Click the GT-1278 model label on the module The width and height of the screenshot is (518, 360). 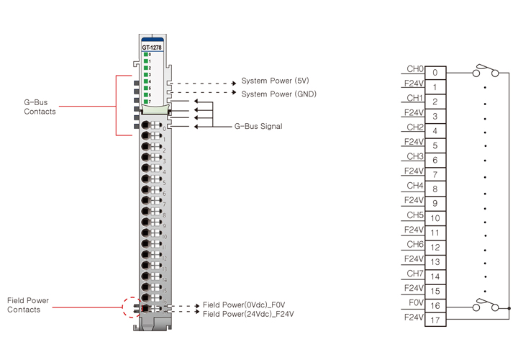pyautogui.click(x=152, y=48)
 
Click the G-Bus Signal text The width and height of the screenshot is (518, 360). pyautogui.click(x=258, y=126)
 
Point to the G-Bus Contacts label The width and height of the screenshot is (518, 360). pyautogui.click(x=40, y=107)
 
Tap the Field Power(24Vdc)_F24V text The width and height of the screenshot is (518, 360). pyautogui.click(x=248, y=314)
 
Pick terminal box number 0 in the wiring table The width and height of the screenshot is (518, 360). pyautogui.click(x=435, y=73)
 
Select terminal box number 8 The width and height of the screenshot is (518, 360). pyautogui.click(x=435, y=189)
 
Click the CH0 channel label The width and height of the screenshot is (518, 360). pyautogui.click(x=415, y=69)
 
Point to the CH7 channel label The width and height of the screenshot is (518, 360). pyautogui.click(x=415, y=274)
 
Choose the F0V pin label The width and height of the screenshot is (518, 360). pyautogui.click(x=415, y=302)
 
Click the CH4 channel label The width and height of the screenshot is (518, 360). pyautogui.click(x=415, y=186)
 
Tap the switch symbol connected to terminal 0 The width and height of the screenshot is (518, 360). pyautogui.click(x=485, y=71)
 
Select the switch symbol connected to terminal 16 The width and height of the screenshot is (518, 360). pyautogui.click(x=485, y=305)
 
